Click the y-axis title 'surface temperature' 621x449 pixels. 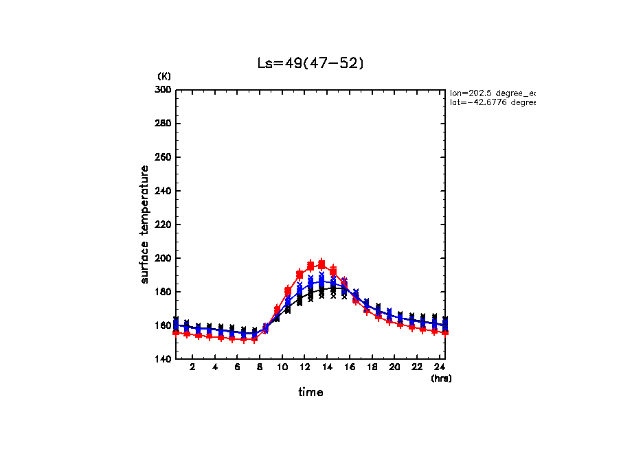(145, 224)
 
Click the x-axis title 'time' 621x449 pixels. (310, 392)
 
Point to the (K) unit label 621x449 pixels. (164, 76)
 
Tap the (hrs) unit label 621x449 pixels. (441, 378)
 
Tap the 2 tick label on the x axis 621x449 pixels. (193, 367)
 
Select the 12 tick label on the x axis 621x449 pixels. (304, 367)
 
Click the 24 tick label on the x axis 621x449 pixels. (440, 367)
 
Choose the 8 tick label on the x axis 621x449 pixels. (260, 367)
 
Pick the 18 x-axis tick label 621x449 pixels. (372, 367)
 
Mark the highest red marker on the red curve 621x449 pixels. (321, 264)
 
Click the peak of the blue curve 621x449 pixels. (321, 281)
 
